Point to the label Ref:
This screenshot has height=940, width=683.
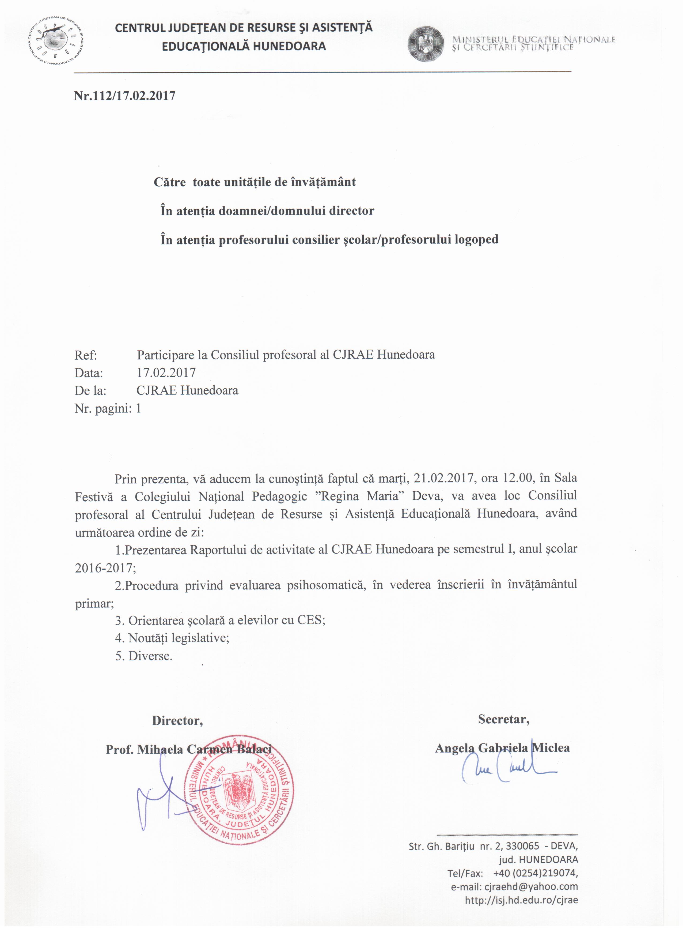click(x=86, y=355)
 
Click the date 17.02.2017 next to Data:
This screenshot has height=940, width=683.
click(x=166, y=373)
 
